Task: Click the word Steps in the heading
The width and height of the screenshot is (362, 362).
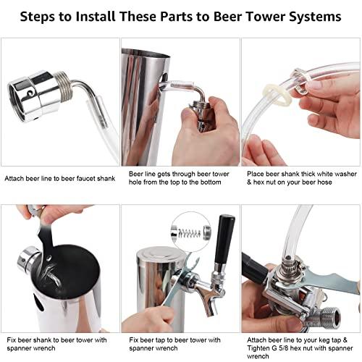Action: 43,15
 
